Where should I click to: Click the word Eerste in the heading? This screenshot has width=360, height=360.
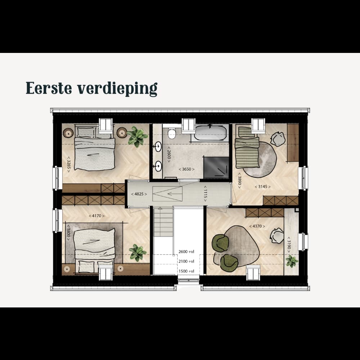click(49, 88)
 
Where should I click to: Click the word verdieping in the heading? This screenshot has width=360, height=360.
click(117, 89)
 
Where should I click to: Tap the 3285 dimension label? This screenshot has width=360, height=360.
click(68, 165)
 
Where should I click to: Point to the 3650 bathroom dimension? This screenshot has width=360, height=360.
click(186, 169)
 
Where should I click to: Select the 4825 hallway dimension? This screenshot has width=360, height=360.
click(139, 194)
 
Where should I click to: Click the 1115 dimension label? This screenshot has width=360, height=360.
click(205, 194)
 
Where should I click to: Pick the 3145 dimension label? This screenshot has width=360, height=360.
click(263, 186)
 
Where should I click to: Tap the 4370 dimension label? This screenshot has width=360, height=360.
click(257, 226)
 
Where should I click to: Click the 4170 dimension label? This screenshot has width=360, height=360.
click(96, 216)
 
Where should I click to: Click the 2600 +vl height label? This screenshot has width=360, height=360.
click(186, 252)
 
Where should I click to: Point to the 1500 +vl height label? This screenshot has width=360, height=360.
click(186, 271)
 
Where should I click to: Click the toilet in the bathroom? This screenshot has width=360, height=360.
click(172, 133)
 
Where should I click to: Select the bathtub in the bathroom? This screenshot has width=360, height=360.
click(210, 133)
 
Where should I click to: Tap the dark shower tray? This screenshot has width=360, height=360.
click(216, 168)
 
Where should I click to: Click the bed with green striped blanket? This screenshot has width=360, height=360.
click(247, 147)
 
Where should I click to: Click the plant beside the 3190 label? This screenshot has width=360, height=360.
click(292, 261)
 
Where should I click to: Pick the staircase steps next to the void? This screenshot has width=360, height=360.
click(163, 222)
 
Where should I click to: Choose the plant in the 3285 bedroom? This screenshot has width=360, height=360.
click(137, 136)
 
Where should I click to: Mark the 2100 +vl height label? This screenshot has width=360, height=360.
click(186, 261)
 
